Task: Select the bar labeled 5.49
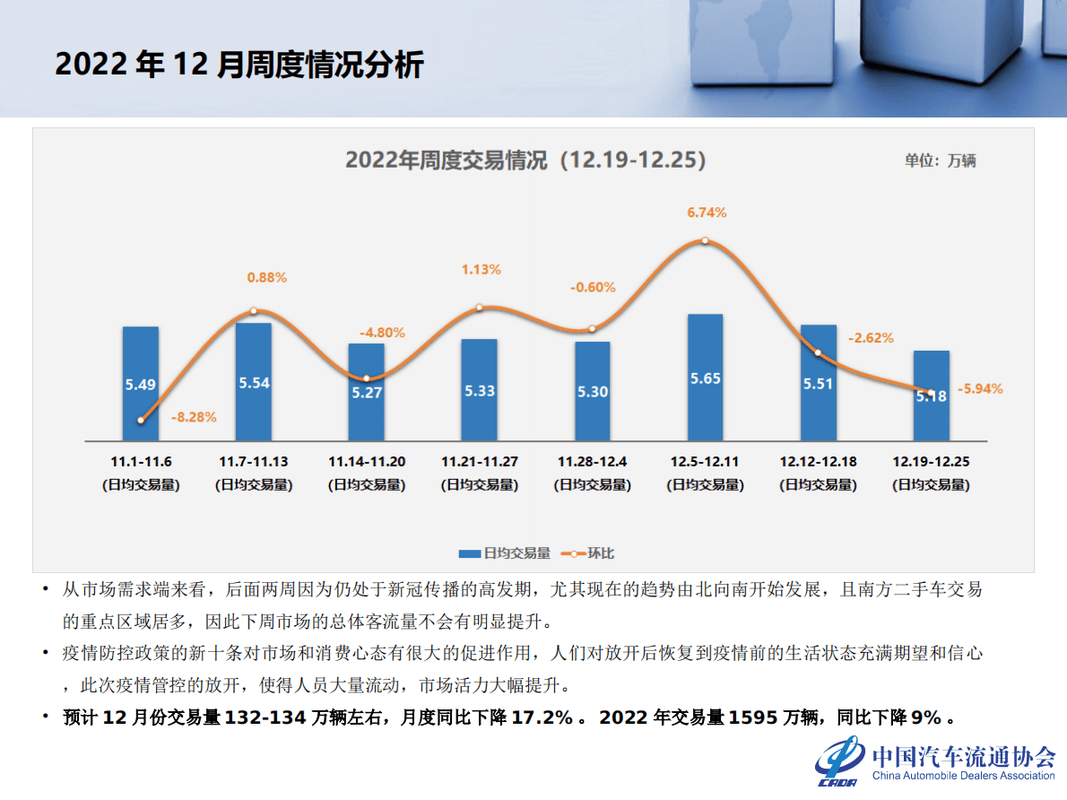tap(141, 384)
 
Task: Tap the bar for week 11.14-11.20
tap(366, 392)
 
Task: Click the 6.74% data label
tap(707, 213)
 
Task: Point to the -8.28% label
tap(194, 417)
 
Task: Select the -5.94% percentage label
tap(980, 389)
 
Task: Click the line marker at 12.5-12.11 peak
tap(705, 240)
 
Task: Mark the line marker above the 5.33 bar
tap(479, 308)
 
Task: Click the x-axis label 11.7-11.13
tap(254, 462)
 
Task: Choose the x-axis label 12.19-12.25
tap(931, 462)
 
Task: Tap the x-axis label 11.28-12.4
tap(592, 462)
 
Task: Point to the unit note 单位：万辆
tap(940, 161)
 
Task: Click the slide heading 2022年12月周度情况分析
tap(239, 65)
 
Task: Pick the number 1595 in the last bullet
tap(752, 717)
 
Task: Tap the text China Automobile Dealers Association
tap(963, 776)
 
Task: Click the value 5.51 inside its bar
tap(818, 383)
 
